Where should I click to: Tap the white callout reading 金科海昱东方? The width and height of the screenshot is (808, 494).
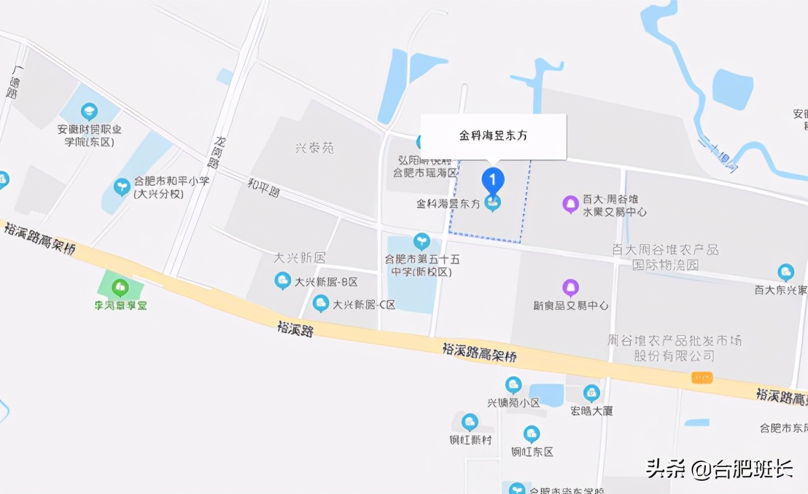pos(494,136)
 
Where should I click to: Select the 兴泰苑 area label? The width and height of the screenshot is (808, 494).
pos(314,148)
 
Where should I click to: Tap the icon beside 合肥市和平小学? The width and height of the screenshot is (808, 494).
pos(122,187)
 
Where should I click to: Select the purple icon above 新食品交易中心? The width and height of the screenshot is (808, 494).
pos(570,288)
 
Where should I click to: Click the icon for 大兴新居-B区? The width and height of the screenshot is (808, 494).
pos(282,281)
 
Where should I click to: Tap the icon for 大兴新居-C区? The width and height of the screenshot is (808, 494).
pos(320,304)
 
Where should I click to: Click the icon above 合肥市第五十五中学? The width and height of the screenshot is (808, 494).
pos(422,241)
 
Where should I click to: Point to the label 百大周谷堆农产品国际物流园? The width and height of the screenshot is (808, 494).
pos(665,257)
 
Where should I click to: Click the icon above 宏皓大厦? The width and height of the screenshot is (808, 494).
pos(591,393)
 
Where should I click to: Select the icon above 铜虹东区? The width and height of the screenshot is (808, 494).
pos(532,434)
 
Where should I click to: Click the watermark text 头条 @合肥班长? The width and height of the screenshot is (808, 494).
pos(718,468)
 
